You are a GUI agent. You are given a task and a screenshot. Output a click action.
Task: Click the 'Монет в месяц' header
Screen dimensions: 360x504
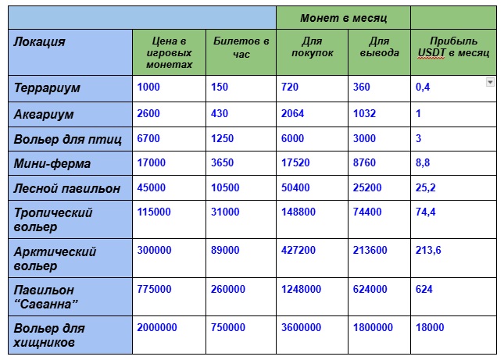coord(344,17)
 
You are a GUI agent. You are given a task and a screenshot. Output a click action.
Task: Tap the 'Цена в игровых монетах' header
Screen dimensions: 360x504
coord(169,52)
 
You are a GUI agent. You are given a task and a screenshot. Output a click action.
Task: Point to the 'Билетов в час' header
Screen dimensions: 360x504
coord(241,47)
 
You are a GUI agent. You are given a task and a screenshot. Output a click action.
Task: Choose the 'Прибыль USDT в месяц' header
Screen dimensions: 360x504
coord(453,47)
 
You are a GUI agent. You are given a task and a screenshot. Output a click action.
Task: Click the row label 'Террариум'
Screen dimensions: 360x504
coord(48,87)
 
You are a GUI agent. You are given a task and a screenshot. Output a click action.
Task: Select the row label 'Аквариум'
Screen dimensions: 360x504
coord(44,114)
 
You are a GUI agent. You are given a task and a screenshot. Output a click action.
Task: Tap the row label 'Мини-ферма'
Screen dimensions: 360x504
coord(52,164)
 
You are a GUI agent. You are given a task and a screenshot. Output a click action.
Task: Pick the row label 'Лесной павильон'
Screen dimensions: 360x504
coord(67,188)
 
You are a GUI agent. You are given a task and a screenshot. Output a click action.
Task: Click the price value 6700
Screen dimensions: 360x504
coord(148,139)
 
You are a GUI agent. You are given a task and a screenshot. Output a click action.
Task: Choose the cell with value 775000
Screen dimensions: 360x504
coord(154,289)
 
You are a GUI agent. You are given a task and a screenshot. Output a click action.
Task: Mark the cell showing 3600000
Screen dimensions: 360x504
coord(301,327)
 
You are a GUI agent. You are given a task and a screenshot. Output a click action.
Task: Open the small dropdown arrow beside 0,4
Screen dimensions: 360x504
coord(490,81)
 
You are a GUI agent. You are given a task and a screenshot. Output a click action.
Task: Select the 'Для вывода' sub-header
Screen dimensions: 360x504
coord(379,47)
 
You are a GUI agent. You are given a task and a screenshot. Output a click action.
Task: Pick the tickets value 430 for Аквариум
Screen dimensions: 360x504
coord(220,114)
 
